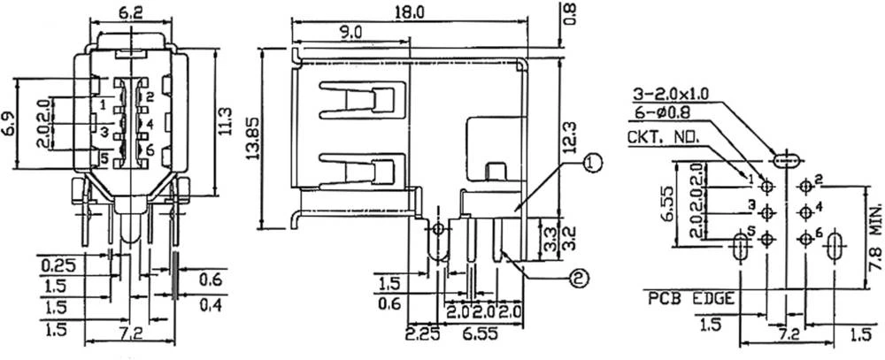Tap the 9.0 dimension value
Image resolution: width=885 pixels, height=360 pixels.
[x=350, y=32]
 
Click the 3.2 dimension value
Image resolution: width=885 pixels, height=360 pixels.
[x=571, y=237]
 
